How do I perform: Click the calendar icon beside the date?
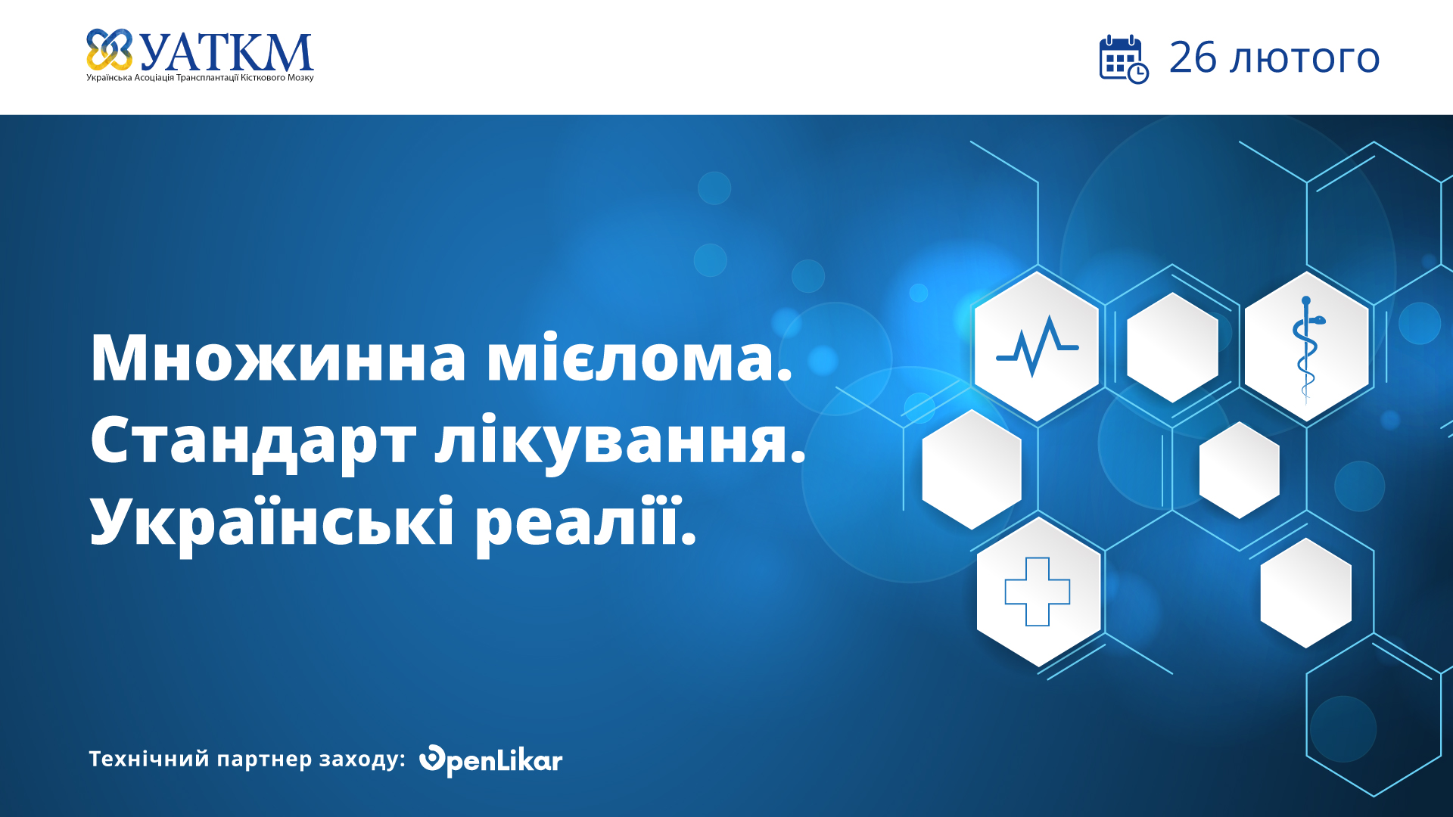[1123, 59]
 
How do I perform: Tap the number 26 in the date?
[1193, 58]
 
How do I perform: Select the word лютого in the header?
[1305, 60]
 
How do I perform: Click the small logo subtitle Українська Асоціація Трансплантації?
[200, 78]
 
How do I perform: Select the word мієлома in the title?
[638, 358]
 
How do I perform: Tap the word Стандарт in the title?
[253, 441]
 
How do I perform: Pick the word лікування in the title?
[619, 441]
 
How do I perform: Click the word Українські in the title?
[272, 523]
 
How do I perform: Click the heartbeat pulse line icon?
[1037, 347]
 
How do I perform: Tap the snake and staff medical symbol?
[1306, 347]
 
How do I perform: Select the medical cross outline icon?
[1037, 592]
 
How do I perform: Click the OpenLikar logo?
[490, 760]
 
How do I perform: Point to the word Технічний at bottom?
[148, 759]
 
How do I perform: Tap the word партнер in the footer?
[264, 760]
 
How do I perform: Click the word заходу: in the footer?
[362, 760]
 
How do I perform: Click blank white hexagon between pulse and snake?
[1171, 347]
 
